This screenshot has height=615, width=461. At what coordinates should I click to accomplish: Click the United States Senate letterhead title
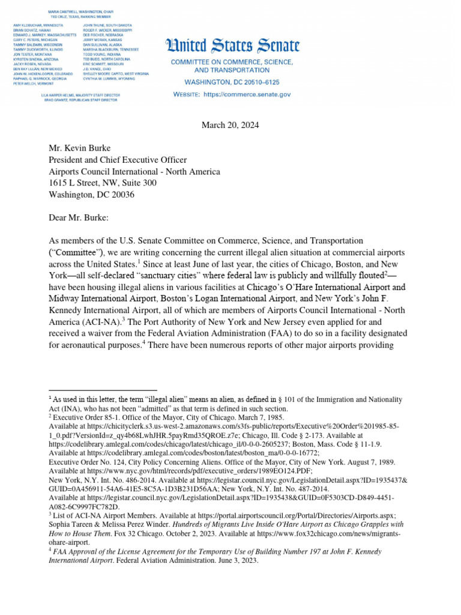pos(232,46)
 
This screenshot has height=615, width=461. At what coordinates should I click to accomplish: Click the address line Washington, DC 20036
pos(92,195)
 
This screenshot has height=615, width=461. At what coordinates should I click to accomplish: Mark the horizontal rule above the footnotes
pos(103,390)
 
